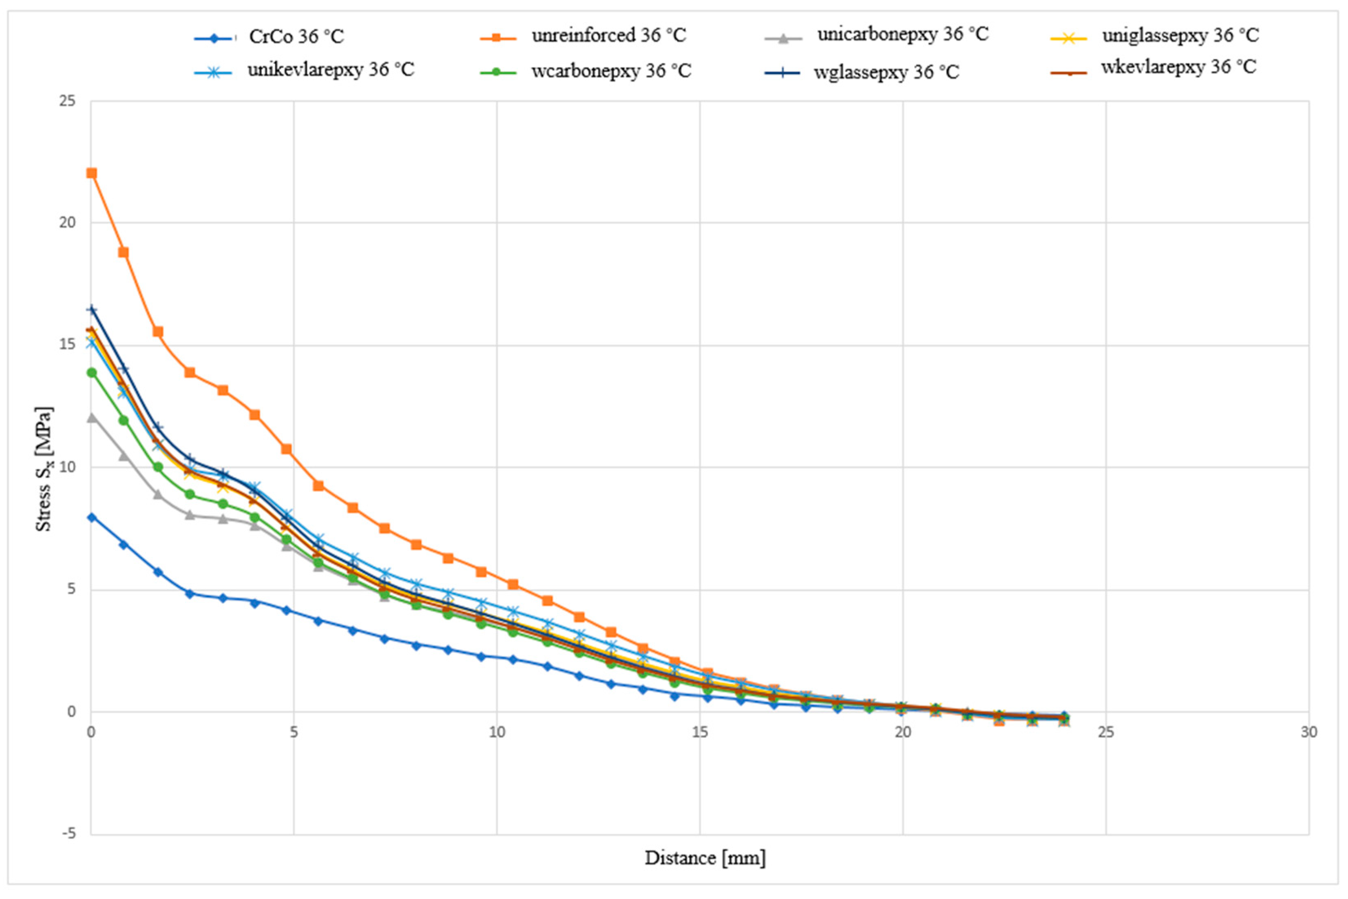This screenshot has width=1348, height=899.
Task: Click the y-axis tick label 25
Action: pos(67,101)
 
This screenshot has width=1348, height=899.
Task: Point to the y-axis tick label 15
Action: pos(67,345)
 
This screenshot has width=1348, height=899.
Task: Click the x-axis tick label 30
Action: pos(1308,733)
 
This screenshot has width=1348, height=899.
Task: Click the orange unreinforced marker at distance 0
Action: pos(91,173)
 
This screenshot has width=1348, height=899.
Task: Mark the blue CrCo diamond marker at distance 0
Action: pos(91,517)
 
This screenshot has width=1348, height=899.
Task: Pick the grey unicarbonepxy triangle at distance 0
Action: pos(91,417)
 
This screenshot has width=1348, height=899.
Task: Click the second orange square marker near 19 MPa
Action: pos(123,252)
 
